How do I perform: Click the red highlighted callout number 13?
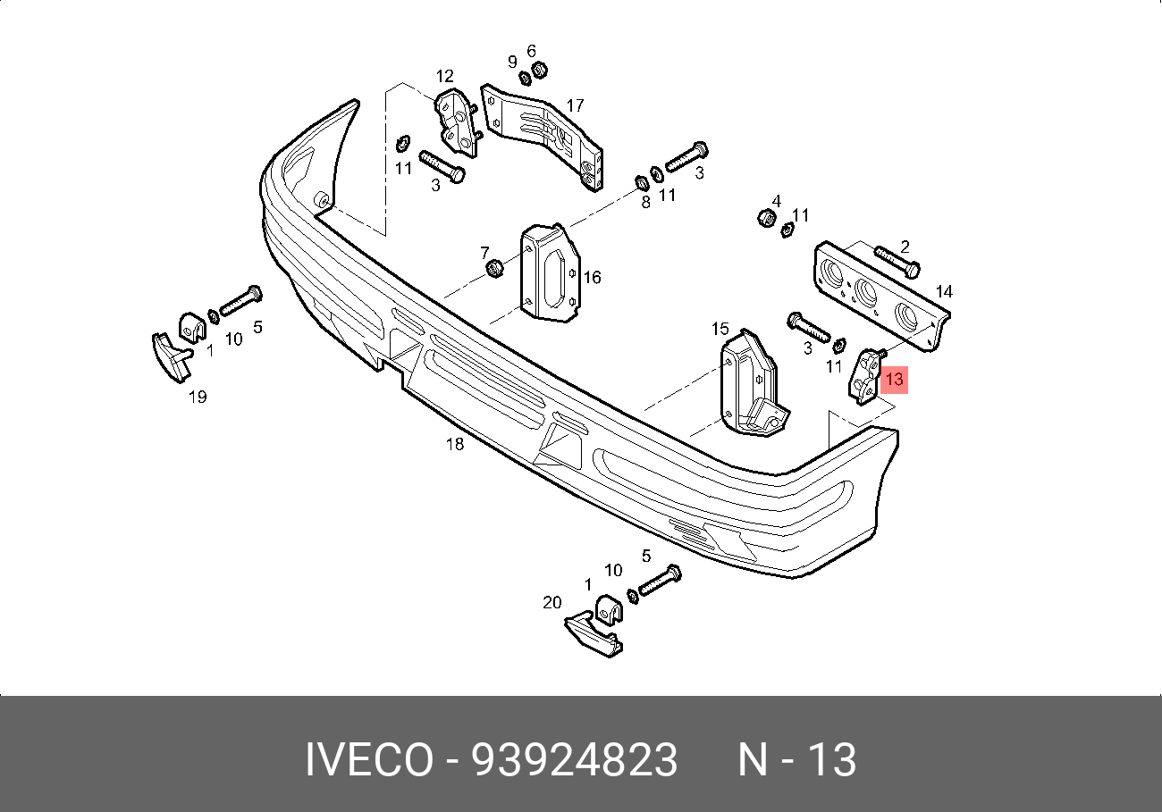[x=895, y=379]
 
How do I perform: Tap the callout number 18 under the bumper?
[x=455, y=444]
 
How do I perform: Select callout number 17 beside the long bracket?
[x=575, y=105]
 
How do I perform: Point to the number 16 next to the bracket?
[x=592, y=278]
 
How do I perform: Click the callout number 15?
[x=720, y=329]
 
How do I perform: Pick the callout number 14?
[x=944, y=292]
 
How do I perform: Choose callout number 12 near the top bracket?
[x=444, y=77]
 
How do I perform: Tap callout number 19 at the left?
[x=198, y=398]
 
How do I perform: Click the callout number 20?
[x=552, y=602]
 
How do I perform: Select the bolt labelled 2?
[x=897, y=262]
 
